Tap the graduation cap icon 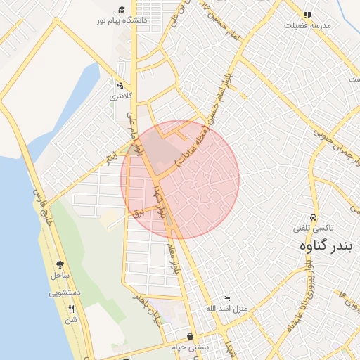[122, 10]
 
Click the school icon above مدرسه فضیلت [307, 15]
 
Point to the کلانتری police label [120, 94]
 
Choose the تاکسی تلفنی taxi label [313, 229]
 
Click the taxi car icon [313, 218]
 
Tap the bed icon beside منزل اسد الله [226, 299]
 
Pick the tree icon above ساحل [59, 266]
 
